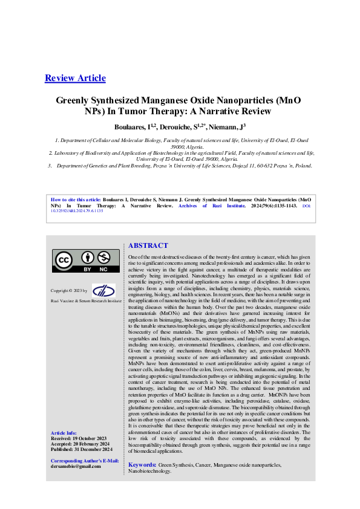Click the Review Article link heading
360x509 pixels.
click(x=75, y=78)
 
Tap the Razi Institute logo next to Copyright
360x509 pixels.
click(x=103, y=290)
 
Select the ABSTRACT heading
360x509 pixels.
click(x=148, y=245)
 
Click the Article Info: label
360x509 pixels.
click(x=64, y=433)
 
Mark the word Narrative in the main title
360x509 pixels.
click(x=226, y=112)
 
